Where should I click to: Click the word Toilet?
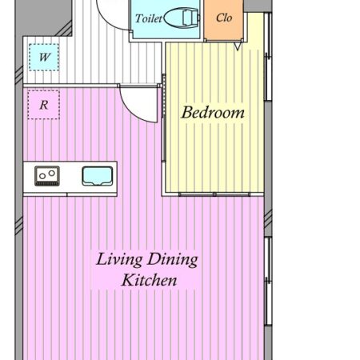148,18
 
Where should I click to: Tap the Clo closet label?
224,18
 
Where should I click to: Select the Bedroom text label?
213,113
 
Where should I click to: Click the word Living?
119,259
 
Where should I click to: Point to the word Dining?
173,259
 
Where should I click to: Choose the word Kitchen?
149,280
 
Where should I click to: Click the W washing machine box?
44,58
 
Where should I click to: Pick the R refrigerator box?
44,105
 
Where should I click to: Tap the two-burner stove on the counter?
47,176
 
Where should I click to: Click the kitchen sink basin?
98,176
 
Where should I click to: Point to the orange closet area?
223,20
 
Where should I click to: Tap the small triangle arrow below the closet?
238,46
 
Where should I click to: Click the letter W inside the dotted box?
44,57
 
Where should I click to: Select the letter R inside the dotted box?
44,105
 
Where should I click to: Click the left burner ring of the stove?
42,176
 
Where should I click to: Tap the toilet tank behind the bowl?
191,18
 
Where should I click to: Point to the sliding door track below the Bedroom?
214,194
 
